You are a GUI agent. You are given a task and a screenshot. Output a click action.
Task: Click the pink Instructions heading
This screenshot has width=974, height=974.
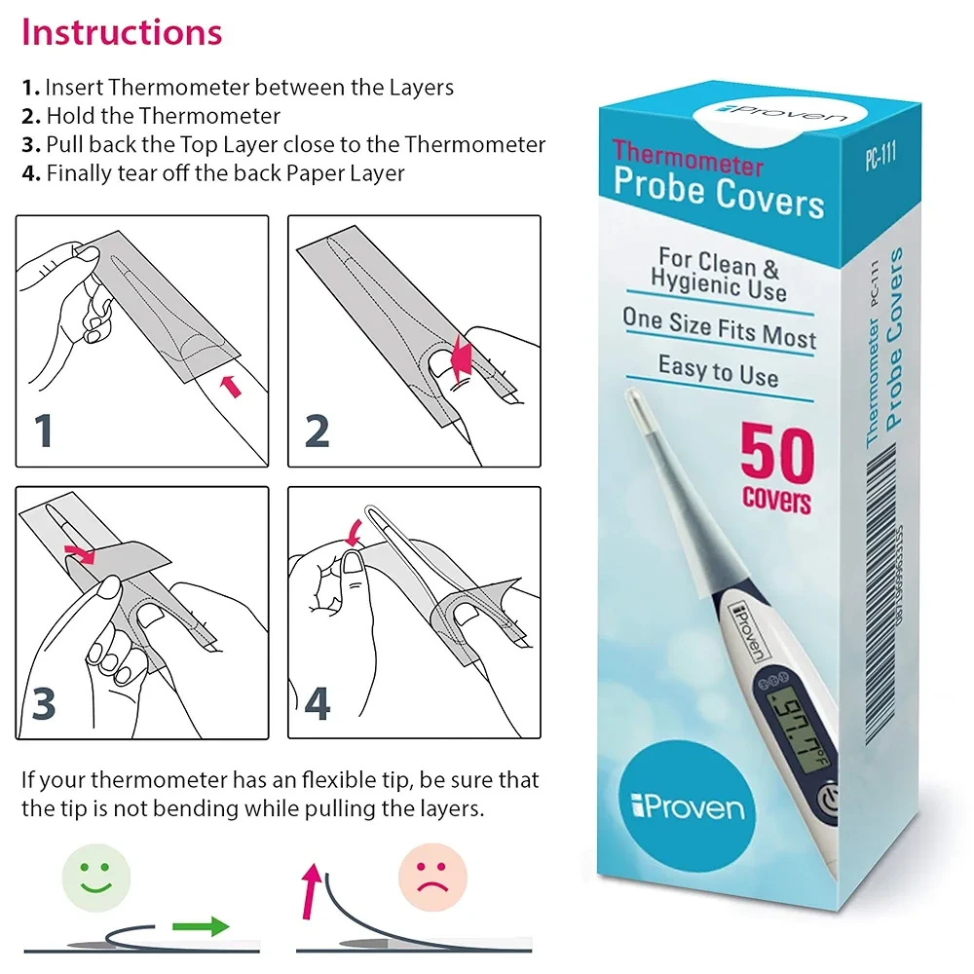pyautogui.click(x=122, y=32)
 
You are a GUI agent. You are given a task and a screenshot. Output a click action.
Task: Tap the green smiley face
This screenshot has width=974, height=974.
pyautogui.click(x=96, y=878)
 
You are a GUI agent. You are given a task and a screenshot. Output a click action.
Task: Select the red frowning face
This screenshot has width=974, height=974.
pyautogui.click(x=432, y=878)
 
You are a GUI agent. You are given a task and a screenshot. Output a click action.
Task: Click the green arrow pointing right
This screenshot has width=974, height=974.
pyautogui.click(x=201, y=926)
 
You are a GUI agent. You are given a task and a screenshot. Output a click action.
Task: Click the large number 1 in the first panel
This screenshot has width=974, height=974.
pyautogui.click(x=44, y=430)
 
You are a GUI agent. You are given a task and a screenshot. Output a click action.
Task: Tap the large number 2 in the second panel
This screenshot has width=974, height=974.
pyautogui.click(x=317, y=431)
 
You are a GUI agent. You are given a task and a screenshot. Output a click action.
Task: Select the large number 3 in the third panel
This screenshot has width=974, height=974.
pyautogui.click(x=44, y=703)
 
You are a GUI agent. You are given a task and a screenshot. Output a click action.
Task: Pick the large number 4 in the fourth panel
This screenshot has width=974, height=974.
pyautogui.click(x=317, y=703)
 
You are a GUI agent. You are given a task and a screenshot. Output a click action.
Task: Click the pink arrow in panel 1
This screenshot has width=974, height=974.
pyautogui.click(x=231, y=386)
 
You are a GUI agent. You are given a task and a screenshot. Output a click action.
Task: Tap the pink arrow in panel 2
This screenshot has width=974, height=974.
pyautogui.click(x=461, y=360)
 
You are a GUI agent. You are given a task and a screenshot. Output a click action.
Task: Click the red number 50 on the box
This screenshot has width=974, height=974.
pyautogui.click(x=777, y=454)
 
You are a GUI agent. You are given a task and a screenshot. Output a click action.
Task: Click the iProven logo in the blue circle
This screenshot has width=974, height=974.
pyautogui.click(x=688, y=806)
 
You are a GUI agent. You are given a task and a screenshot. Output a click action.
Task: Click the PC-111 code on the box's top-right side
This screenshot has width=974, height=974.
pyautogui.click(x=880, y=155)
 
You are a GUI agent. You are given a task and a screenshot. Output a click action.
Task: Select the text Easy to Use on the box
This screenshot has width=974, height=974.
pyautogui.click(x=718, y=371)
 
